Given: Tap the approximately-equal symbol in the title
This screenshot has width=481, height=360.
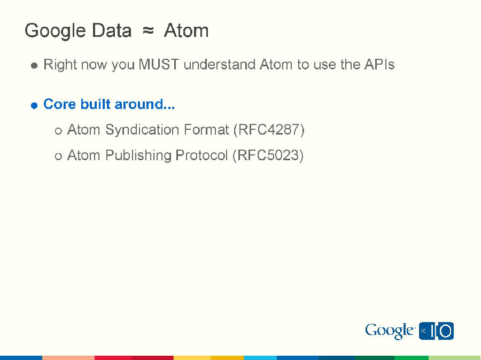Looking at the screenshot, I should click(x=148, y=31).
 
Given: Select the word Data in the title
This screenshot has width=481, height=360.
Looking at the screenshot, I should click(x=111, y=31).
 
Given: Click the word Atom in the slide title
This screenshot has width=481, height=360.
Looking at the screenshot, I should click(x=186, y=31).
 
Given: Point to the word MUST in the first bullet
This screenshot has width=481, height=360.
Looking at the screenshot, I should click(x=159, y=65).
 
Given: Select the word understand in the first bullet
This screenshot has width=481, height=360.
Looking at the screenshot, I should click(x=220, y=65).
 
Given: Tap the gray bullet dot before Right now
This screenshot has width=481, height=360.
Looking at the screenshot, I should click(x=34, y=66).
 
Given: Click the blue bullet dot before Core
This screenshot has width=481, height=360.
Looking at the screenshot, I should click(x=34, y=105).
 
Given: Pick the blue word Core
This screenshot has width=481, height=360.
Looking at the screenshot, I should click(x=60, y=104).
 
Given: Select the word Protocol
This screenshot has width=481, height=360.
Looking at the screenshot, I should click(x=201, y=155).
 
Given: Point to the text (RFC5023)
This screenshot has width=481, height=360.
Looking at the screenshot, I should click(x=268, y=155).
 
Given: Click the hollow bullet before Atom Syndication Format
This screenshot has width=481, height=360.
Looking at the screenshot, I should click(x=58, y=131).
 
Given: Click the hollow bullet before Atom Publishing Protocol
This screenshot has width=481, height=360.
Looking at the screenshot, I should click(x=58, y=156).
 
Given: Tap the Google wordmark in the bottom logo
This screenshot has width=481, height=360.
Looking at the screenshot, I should click(x=389, y=331).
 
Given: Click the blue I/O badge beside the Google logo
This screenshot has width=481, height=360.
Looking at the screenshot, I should click(x=437, y=331).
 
